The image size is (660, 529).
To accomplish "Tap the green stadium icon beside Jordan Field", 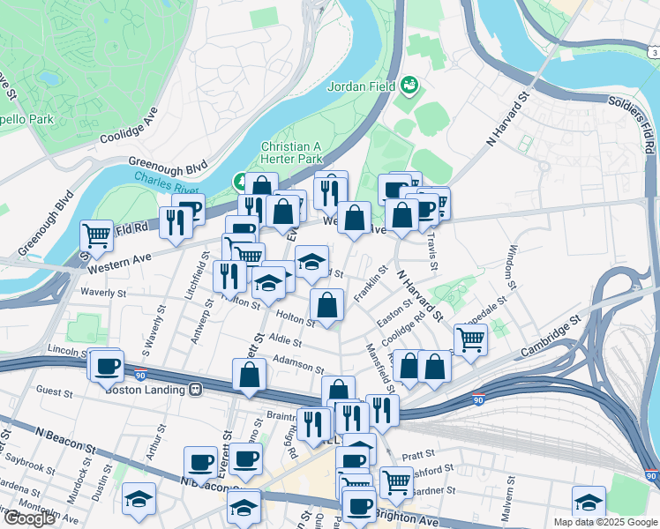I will pyautogui.click(x=409, y=86).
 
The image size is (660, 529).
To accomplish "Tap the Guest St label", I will pyautogui.click(x=54, y=389).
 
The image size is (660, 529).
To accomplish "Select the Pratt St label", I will pyautogui.click(x=413, y=456).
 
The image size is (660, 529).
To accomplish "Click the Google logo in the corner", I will pyautogui.click(x=29, y=518).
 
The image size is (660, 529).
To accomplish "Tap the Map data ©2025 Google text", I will pyautogui.click(x=604, y=522).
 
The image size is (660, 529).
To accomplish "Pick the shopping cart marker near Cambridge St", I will pyautogui.click(x=470, y=339).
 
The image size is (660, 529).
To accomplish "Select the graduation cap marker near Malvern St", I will pyautogui.click(x=589, y=502).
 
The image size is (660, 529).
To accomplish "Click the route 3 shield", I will pyautogui.click(x=652, y=54).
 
